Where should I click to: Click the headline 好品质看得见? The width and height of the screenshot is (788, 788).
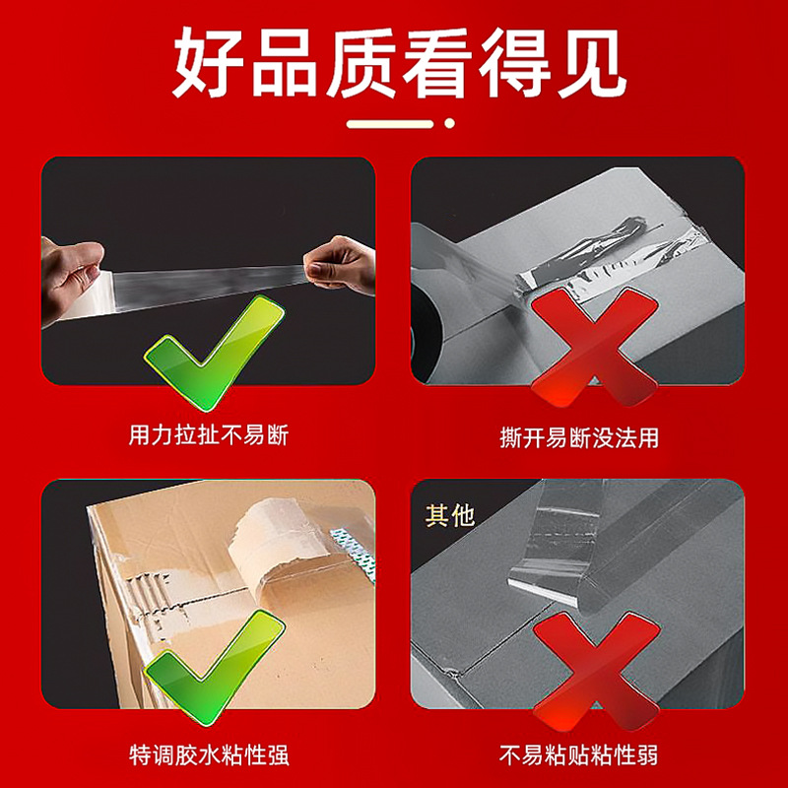400,63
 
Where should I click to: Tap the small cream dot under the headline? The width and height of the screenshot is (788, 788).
450,123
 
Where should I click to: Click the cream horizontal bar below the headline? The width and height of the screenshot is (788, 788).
390,124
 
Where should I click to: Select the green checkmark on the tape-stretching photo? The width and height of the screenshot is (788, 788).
215,352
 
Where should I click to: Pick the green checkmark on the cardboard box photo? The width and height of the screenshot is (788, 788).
215,667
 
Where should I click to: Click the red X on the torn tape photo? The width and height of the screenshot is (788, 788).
595,347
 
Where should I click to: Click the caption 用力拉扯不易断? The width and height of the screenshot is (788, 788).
209,435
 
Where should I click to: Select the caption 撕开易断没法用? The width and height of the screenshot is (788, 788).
579,437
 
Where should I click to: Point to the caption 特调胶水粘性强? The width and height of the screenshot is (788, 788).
209,755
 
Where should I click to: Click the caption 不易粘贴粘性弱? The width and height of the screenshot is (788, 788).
578,755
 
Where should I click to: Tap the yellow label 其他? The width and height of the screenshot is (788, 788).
450,515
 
